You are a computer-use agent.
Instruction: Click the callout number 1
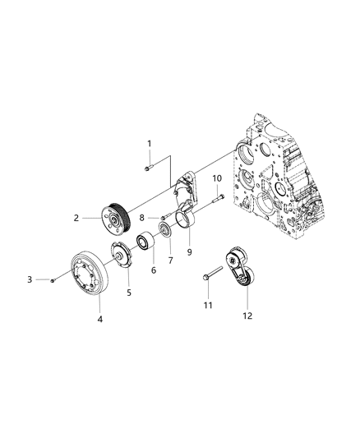click(x=150, y=144)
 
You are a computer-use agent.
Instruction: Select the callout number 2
click(x=75, y=218)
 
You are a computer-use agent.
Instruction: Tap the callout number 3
click(x=30, y=280)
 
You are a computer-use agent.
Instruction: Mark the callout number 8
click(x=141, y=219)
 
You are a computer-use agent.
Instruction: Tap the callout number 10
click(x=218, y=178)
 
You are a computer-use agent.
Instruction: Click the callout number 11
click(x=208, y=306)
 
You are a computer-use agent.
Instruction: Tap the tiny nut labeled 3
click(x=51, y=280)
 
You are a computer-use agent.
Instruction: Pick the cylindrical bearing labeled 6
click(x=146, y=243)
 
